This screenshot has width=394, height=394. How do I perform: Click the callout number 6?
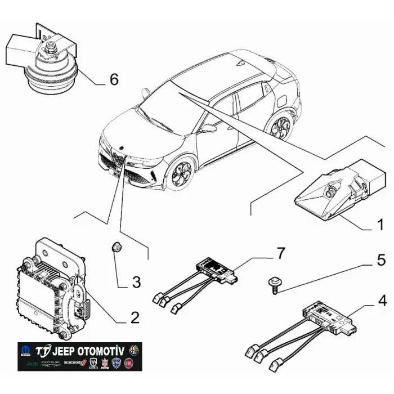[x=114, y=79]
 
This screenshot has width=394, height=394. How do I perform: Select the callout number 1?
[x=380, y=226]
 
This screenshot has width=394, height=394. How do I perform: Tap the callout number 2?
[x=134, y=317]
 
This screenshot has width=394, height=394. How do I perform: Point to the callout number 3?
[x=136, y=281]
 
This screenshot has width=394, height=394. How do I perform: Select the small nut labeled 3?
[x=118, y=247]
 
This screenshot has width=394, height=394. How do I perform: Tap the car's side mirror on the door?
[x=209, y=128]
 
